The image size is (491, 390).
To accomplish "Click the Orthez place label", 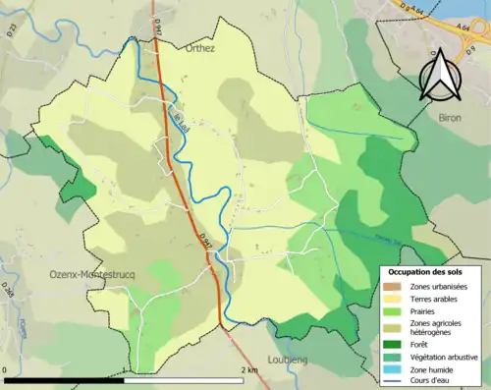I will click(x=200, y=47).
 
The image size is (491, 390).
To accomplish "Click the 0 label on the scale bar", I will click(x=6, y=370).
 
